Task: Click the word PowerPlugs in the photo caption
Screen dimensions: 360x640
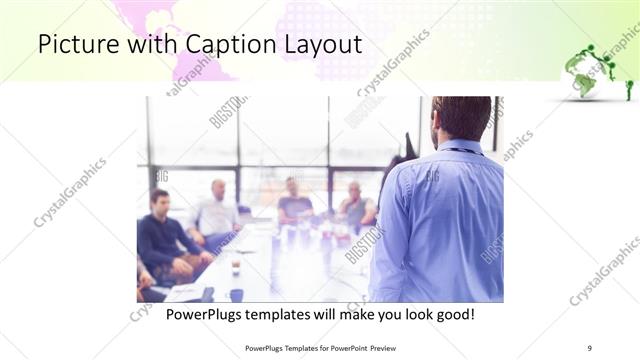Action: [205, 315]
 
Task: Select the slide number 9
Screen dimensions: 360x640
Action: [589, 348]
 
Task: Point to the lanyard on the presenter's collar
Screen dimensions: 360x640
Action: [460, 150]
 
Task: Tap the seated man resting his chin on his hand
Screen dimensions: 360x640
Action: [354, 206]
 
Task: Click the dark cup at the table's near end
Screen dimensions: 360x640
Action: [237, 295]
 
